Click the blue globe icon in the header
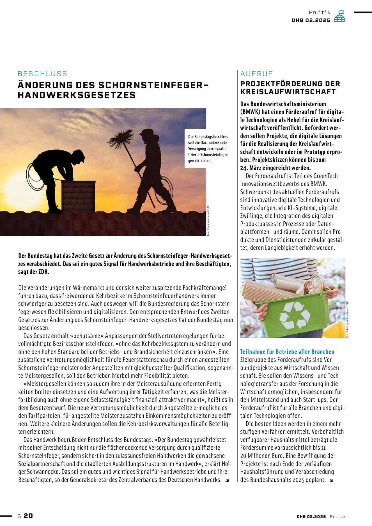[339, 17]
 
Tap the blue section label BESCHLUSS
[42, 74]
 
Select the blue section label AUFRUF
[256, 74]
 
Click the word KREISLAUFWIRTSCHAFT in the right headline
[288, 92]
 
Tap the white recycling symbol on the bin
[294, 315]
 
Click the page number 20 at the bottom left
[28, 516]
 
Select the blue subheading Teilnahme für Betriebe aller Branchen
[287, 352]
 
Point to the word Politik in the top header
[320, 12]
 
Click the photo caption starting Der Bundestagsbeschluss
[208, 149]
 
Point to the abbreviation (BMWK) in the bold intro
[250, 112]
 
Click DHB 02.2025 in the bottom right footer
[311, 516]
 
